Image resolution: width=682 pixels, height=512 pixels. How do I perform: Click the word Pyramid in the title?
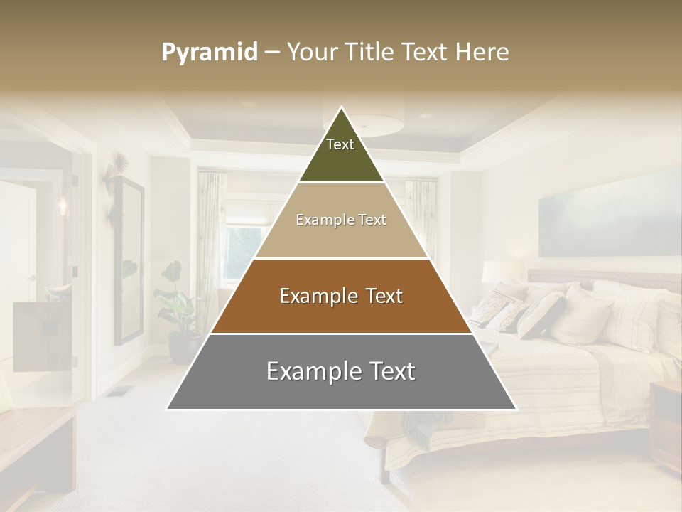210,53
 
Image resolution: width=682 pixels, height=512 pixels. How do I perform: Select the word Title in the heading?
370,53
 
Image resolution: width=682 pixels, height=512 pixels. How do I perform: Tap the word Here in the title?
482,53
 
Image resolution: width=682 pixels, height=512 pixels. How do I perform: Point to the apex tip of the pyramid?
342,108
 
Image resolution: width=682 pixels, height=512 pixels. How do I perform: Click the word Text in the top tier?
340,144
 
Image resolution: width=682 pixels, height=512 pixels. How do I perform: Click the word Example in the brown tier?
310,296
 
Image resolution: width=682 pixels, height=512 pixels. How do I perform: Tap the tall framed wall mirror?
128,260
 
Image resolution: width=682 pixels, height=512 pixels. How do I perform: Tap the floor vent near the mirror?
121,390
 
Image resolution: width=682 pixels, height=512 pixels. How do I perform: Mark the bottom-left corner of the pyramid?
168,409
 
